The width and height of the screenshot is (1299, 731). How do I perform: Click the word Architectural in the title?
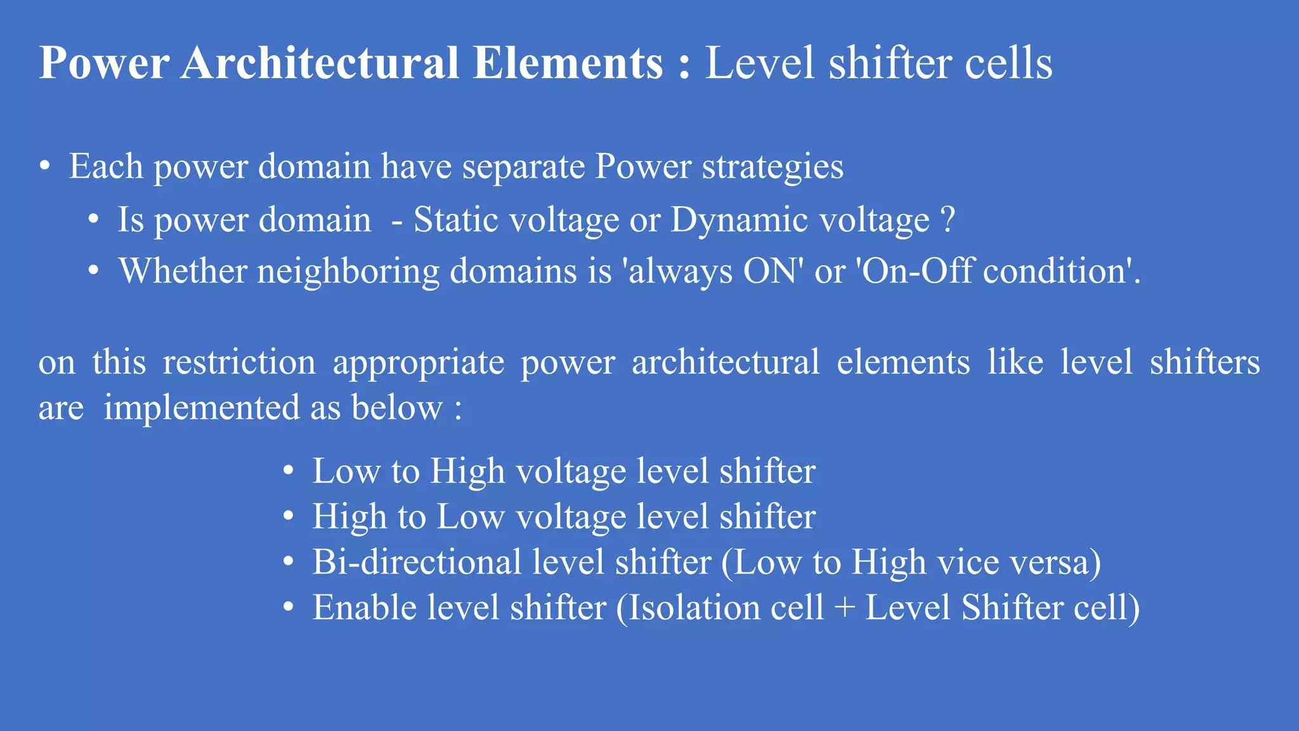(320, 63)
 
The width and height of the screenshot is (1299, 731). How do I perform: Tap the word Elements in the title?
(568, 63)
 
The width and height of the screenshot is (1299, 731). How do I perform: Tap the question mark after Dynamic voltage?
(948, 220)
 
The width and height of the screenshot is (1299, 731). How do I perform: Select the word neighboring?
(348, 272)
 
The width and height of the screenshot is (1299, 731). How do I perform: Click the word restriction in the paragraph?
(239, 363)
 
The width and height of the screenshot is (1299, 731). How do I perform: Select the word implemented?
(201, 408)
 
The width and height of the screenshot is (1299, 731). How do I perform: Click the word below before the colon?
(397, 407)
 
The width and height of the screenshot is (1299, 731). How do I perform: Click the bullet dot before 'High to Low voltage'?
(289, 517)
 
